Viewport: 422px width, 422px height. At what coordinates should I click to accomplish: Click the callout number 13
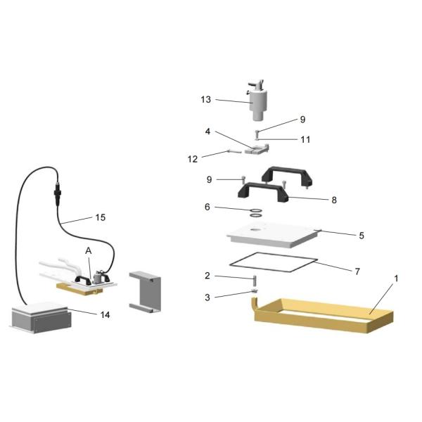[206, 100]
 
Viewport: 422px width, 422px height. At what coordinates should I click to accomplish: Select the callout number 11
[305, 139]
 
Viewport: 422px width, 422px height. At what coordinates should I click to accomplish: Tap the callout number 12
[193, 159]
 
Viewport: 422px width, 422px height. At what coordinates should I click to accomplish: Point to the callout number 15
[101, 217]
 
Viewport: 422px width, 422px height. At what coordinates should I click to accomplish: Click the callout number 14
[105, 314]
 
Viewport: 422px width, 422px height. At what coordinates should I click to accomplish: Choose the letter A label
[89, 251]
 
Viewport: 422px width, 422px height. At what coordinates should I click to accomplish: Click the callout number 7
[357, 271]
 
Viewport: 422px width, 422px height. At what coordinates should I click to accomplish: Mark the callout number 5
[362, 236]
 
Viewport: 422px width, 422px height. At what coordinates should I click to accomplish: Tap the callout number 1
[396, 279]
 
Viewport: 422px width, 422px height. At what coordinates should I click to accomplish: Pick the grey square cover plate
[273, 235]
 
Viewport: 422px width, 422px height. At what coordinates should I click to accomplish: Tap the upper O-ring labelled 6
[256, 210]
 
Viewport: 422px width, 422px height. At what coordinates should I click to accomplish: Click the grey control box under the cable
[41, 318]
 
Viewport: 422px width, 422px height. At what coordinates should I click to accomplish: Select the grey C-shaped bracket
[146, 292]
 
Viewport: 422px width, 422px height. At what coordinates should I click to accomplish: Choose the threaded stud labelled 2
[255, 281]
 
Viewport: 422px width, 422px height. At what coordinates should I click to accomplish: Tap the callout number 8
[334, 200]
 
